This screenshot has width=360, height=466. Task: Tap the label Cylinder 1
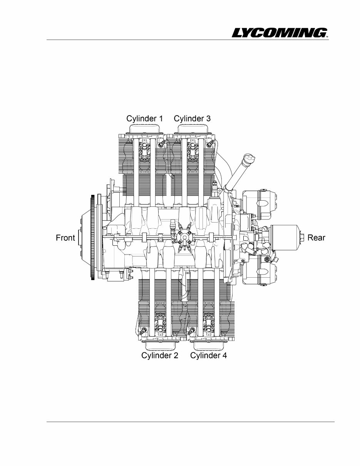tap(144, 119)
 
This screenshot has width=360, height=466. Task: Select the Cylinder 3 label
tap(192, 119)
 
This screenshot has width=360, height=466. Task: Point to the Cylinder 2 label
tap(159, 355)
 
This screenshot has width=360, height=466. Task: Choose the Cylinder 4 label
tap(208, 355)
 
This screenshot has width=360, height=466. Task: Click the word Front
tap(65, 238)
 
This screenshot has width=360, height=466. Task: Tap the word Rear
tap(316, 238)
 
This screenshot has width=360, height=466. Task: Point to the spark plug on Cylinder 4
tap(192, 331)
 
